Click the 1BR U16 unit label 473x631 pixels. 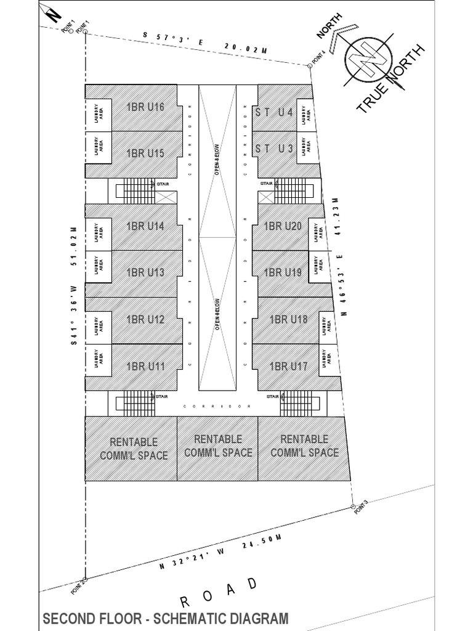pos(145,107)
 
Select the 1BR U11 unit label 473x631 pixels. pos(145,367)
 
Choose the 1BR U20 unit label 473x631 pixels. pos(283,227)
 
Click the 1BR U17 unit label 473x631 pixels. pos(288,367)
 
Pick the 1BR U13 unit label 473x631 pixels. pos(145,272)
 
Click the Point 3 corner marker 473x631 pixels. pos(352,507)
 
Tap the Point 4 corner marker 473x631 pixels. pos(309,65)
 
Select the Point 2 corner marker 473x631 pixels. pos(84,579)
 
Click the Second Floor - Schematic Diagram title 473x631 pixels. pos(164,619)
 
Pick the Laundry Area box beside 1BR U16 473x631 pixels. pos(98,115)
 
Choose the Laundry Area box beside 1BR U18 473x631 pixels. pos(323,327)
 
